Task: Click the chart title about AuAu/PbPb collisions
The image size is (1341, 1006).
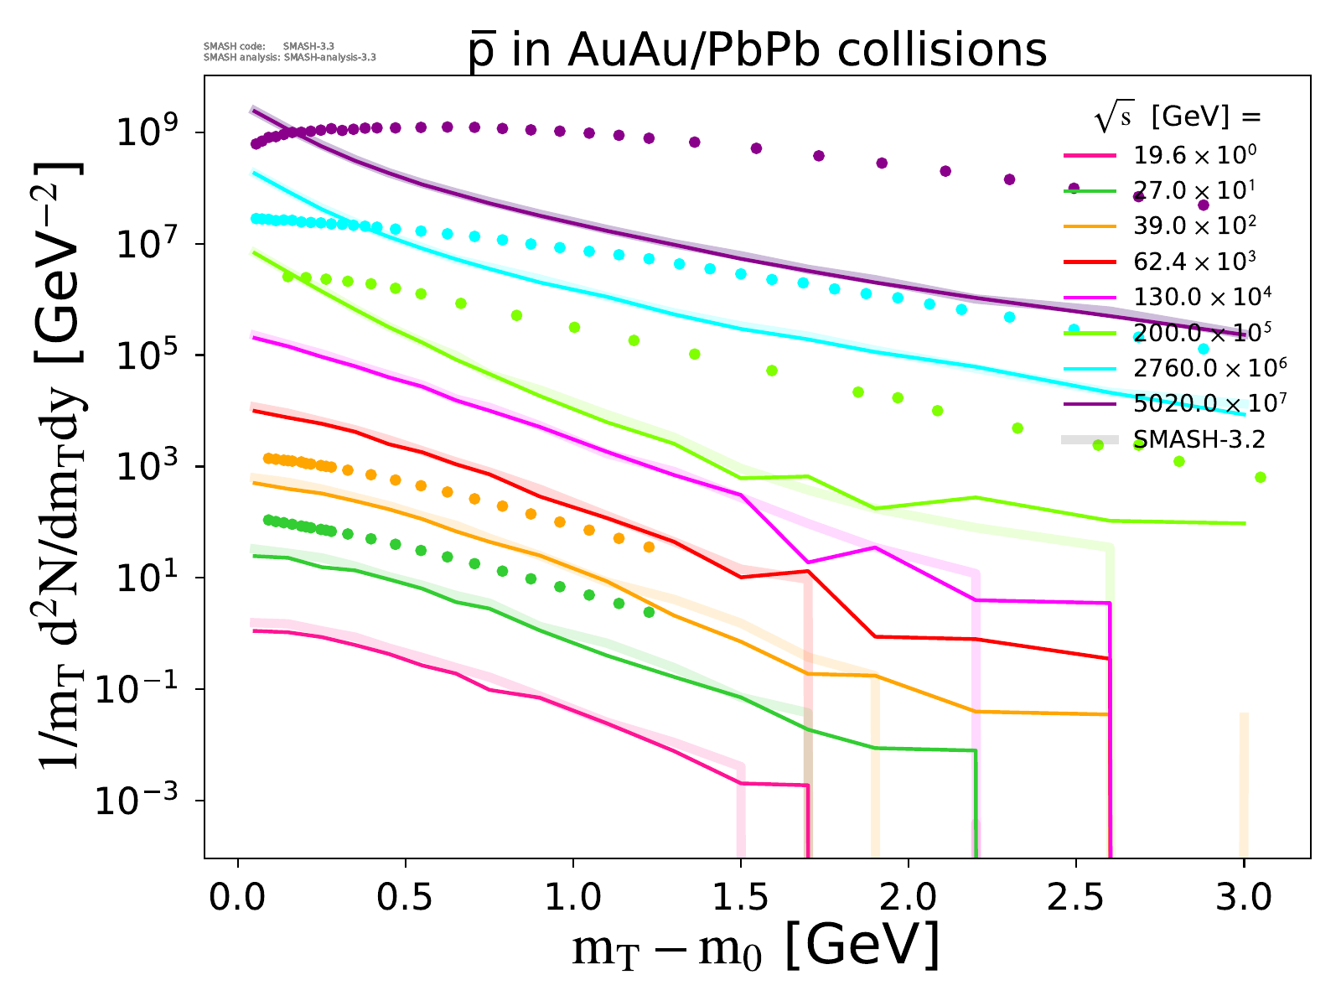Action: (758, 50)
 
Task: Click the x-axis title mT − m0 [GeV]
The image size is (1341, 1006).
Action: (754, 947)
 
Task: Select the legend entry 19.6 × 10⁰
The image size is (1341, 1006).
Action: (1194, 154)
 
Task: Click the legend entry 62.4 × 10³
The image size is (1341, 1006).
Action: (1194, 261)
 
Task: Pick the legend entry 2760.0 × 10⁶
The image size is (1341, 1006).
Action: (1209, 367)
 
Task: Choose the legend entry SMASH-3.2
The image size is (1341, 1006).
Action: (1199, 438)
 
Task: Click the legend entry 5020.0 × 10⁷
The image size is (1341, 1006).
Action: (1209, 403)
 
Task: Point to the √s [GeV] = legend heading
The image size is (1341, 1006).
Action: (1177, 118)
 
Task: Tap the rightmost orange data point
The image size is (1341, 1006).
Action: (649, 547)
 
